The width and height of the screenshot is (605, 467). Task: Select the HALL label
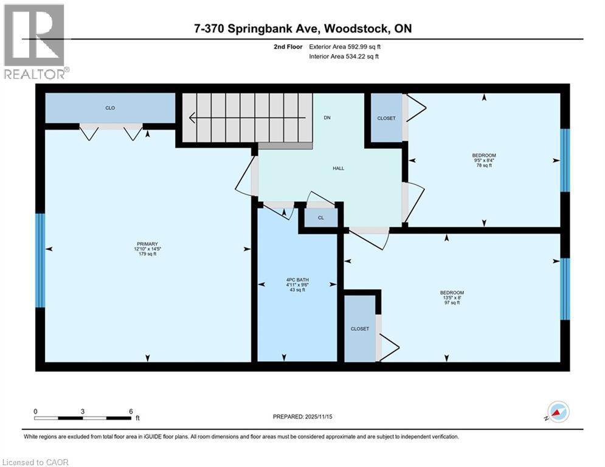click(x=338, y=168)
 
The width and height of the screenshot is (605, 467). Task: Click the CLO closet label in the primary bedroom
click(x=110, y=108)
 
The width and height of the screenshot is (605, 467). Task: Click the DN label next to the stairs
click(x=327, y=117)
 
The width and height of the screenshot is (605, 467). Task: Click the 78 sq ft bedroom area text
click(x=484, y=165)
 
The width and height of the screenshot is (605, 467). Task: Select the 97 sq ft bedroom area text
click(x=451, y=303)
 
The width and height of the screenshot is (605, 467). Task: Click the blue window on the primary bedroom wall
click(x=40, y=260)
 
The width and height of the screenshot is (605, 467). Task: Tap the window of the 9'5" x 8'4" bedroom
click(x=564, y=160)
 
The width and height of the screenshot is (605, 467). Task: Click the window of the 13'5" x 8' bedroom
click(x=564, y=289)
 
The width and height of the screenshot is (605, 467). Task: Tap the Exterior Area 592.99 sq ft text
click(x=345, y=46)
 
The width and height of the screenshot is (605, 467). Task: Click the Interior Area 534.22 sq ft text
click(x=345, y=57)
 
